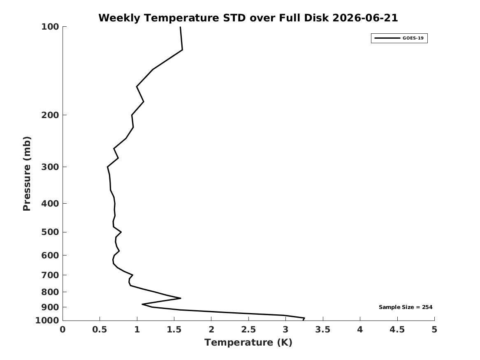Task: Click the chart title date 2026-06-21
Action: [365, 18]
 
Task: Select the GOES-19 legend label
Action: [413, 38]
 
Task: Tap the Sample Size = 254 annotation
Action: [406, 307]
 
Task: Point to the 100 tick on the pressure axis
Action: [50, 27]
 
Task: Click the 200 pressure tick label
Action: [50, 115]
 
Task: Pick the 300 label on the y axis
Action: [50, 167]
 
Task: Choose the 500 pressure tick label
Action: [50, 232]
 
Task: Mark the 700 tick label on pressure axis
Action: [50, 275]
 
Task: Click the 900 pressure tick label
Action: [50, 307]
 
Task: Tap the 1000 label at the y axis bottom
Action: [47, 321]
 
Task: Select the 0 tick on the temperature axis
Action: [63, 330]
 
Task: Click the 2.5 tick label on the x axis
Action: [248, 330]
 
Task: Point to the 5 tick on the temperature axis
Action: [434, 330]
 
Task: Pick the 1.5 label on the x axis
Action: [174, 330]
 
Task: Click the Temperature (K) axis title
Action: [248, 342]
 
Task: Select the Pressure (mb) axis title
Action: [27, 174]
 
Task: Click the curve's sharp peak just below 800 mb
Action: [181, 298]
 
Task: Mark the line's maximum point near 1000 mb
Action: [304, 318]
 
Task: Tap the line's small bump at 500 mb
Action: [121, 232]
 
